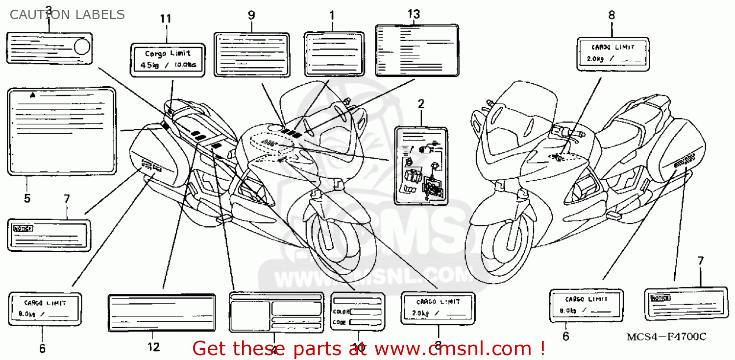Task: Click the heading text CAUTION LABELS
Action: tap(67, 15)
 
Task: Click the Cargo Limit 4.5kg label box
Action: tap(167, 60)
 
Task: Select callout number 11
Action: tap(166, 19)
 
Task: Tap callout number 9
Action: tap(251, 15)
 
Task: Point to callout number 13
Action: tap(414, 14)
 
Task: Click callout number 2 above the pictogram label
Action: tap(420, 104)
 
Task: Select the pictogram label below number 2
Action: tap(421, 166)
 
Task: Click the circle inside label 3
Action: tap(82, 47)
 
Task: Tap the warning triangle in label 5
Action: tap(32, 95)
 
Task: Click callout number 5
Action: tap(27, 198)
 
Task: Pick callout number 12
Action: tap(153, 347)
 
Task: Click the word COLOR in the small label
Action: tap(341, 312)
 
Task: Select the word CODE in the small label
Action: tap(340, 322)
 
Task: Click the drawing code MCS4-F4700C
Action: tap(666, 337)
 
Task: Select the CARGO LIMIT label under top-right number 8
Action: tap(613, 53)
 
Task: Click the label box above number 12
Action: tap(161, 313)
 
